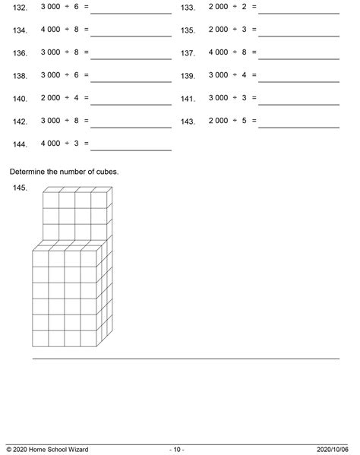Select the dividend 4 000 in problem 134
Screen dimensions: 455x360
coord(50,30)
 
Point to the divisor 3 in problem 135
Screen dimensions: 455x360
coord(242,30)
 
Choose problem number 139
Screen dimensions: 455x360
coord(188,76)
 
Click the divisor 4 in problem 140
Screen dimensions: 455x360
coord(75,98)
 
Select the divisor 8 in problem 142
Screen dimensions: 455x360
coord(75,121)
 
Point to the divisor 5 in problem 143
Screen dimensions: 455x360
coord(242,121)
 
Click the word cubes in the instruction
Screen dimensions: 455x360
coord(106,172)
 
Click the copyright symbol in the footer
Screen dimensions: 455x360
coord(8,449)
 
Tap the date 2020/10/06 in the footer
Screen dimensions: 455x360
coord(335,449)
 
